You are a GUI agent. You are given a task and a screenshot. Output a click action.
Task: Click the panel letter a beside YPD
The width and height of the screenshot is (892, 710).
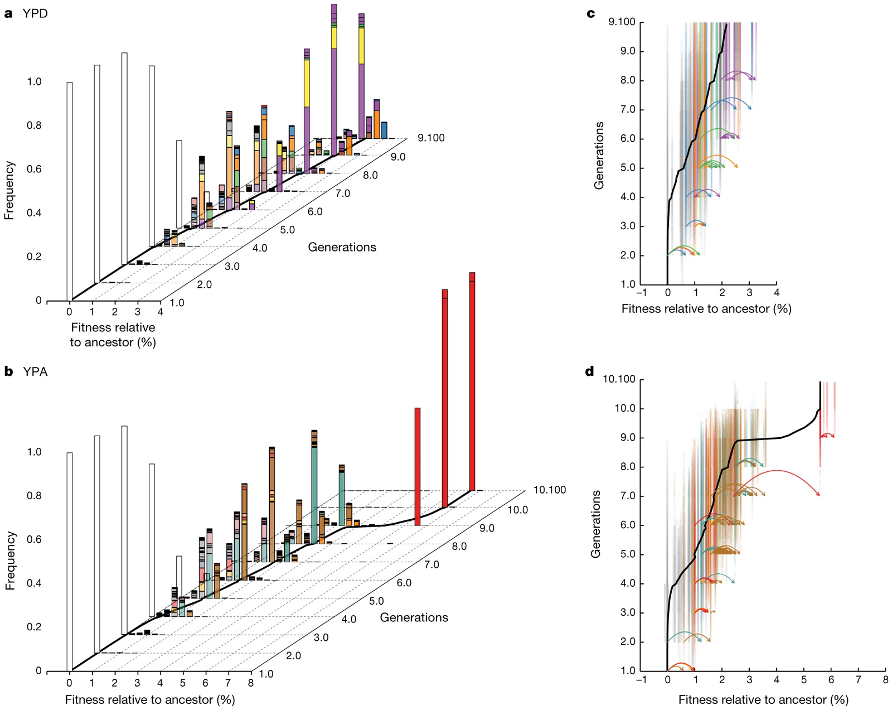click(x=8, y=14)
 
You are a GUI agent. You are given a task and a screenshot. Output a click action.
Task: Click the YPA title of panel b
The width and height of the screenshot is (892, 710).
click(x=35, y=372)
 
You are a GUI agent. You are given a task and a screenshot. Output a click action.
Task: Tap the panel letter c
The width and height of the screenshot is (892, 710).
click(x=591, y=13)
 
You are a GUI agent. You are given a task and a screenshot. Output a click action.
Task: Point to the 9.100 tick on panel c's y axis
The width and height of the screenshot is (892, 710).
click(x=622, y=22)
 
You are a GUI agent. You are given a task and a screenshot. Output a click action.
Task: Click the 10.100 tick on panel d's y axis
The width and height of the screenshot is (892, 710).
click(x=619, y=380)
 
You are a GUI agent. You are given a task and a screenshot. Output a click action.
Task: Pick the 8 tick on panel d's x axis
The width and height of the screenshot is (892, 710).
click(x=885, y=680)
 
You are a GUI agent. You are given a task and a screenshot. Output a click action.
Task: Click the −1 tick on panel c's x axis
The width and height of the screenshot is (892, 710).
click(x=642, y=292)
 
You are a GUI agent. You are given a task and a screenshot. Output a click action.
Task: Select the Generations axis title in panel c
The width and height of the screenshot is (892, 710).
click(x=599, y=155)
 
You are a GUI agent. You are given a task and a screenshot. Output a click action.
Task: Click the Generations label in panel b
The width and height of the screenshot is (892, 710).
click(x=414, y=617)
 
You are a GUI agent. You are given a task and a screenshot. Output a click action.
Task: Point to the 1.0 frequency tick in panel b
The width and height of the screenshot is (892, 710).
click(x=34, y=452)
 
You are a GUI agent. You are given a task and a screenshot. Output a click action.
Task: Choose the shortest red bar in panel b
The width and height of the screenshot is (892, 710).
click(x=418, y=466)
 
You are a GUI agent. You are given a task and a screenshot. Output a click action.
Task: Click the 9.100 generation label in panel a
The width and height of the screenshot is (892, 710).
click(x=431, y=138)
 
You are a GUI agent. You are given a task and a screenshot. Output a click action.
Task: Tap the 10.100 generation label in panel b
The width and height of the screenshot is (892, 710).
click(x=549, y=490)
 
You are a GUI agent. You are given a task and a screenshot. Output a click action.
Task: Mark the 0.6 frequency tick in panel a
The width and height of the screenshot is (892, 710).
click(x=34, y=169)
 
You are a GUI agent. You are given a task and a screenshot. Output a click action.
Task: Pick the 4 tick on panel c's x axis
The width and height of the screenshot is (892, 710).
click(x=776, y=292)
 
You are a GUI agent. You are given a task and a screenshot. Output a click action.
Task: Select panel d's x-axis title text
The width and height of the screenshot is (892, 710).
click(x=763, y=699)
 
